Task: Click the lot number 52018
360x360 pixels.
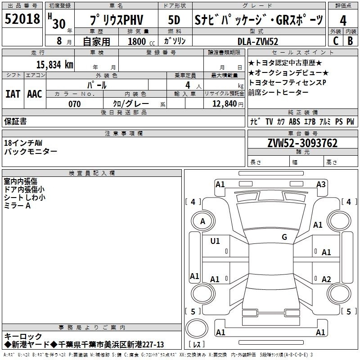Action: click(22, 18)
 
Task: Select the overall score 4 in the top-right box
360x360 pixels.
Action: click(343, 21)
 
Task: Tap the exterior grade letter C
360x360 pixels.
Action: click(336, 40)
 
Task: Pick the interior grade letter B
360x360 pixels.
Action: click(350, 40)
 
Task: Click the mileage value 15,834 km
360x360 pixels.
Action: click(55, 64)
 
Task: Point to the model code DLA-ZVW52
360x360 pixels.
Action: click(258, 41)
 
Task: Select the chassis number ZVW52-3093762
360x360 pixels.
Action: click(302, 143)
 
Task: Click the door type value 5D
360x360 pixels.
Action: click(174, 20)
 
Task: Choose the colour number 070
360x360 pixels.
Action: click(75, 104)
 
